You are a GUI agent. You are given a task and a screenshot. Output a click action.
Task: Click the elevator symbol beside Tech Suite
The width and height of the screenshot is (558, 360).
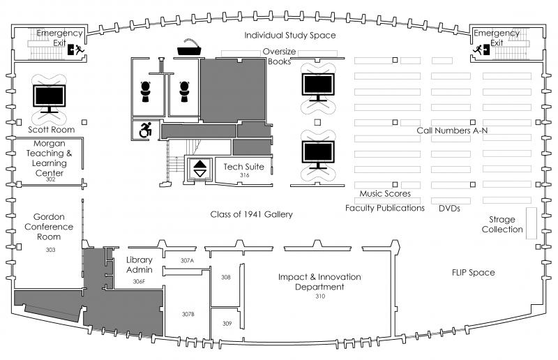tap(200, 169)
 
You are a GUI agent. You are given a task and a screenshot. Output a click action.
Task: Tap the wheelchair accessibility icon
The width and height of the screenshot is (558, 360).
tap(146, 130)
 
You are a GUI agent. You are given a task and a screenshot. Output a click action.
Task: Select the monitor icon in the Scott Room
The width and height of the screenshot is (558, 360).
tap(50, 98)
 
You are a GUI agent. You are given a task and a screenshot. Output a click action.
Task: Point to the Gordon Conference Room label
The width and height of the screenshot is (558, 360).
tap(49, 227)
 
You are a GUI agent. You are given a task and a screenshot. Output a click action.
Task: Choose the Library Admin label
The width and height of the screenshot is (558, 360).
tap(139, 264)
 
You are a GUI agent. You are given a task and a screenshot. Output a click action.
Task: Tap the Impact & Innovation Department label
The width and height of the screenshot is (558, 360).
tap(319, 282)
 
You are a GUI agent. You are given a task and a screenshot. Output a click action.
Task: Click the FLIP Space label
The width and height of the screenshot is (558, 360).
tap(473, 272)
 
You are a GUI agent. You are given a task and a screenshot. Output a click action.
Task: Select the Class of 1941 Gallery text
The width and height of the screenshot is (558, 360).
tap(251, 214)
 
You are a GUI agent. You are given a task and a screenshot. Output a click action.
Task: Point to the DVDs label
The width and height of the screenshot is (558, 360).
tap(450, 208)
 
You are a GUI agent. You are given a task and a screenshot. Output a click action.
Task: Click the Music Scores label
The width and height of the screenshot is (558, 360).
tap(385, 193)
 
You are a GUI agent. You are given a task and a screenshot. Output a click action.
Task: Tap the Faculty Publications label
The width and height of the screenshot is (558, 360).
tap(385, 208)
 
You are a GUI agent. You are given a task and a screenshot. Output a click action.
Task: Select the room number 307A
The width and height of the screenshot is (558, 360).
tap(186, 260)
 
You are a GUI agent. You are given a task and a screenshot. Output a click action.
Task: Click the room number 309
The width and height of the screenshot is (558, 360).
tap(226, 323)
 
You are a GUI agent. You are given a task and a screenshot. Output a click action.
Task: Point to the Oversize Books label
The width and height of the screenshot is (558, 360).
tap(279, 56)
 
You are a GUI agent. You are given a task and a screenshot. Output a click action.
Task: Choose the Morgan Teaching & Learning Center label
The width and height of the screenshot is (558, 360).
tap(49, 158)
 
